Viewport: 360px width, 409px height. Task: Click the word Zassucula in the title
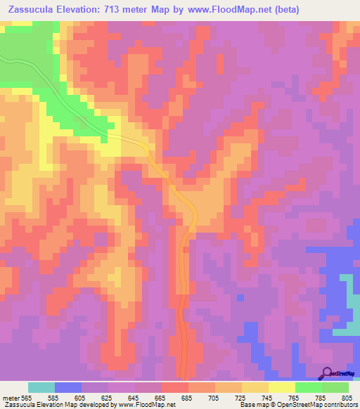(33, 10)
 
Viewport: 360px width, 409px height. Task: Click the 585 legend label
(53, 398)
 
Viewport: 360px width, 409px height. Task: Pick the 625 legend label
(108, 398)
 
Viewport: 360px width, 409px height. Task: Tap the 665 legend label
(161, 398)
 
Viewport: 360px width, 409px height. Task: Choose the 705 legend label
(214, 398)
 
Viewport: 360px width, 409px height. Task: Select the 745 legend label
(268, 398)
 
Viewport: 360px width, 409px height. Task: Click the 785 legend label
(321, 398)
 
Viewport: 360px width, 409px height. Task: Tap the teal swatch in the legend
(41, 387)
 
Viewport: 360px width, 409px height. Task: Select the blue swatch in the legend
(67, 387)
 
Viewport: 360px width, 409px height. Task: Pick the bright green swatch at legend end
(335, 387)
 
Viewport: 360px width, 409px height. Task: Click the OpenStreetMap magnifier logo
(327, 373)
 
